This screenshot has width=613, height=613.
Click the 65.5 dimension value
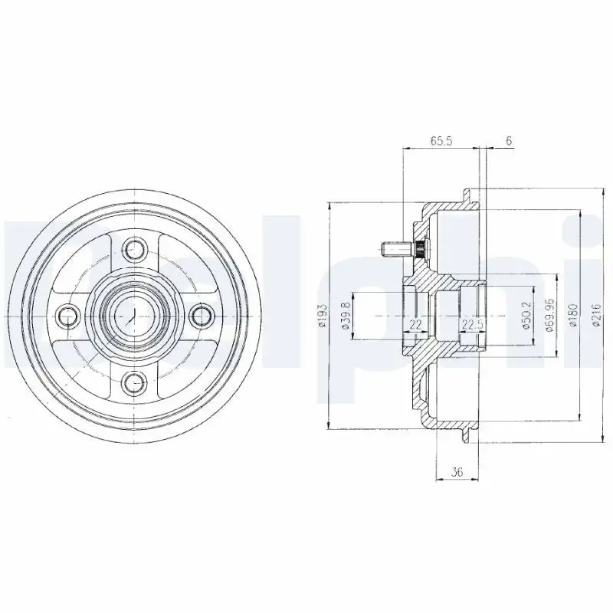[x=441, y=141]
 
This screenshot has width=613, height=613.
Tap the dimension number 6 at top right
[x=509, y=141]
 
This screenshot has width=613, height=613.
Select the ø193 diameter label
[x=322, y=315]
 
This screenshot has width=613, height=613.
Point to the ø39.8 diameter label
[x=346, y=316]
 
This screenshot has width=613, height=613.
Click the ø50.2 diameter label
[x=526, y=315]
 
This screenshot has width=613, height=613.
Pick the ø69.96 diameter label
[x=549, y=316]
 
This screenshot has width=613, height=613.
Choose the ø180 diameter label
[x=573, y=316]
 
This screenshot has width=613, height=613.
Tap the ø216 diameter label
[x=596, y=315]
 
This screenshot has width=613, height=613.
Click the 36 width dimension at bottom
[x=457, y=472]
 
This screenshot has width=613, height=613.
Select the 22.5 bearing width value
[x=473, y=324]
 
